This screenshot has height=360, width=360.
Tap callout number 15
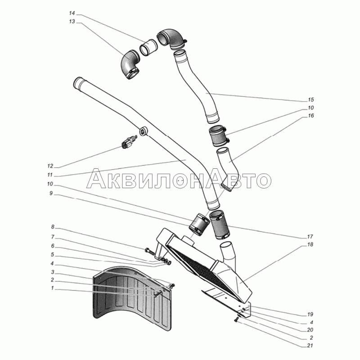click(310, 99)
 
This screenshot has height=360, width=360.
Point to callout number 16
click(310, 116)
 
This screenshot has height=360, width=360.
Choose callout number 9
click(51, 193)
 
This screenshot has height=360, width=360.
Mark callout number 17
click(310, 237)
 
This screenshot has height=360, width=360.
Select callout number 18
click(310, 245)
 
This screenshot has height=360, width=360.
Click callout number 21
click(310, 346)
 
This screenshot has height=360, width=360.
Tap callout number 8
click(53, 226)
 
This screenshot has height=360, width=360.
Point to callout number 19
click(310, 314)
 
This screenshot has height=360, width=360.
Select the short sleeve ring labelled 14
click(148, 47)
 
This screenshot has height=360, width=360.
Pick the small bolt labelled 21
click(236, 320)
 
